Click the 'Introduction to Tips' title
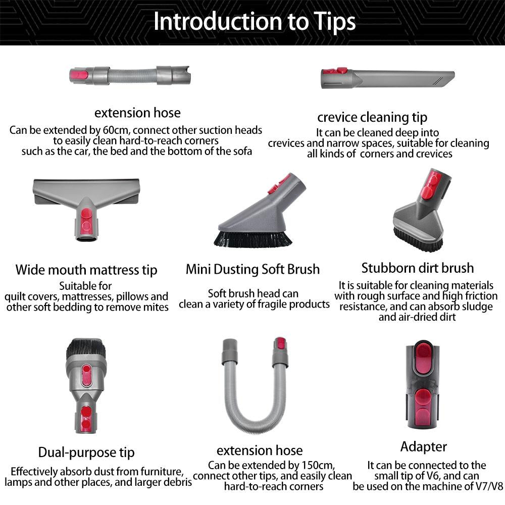click(254, 22)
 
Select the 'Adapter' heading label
click(424, 446)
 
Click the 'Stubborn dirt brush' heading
click(418, 268)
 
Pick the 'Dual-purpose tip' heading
click(86, 452)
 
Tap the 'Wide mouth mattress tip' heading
click(86, 270)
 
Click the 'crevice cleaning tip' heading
click(372, 118)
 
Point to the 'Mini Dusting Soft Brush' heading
click(252, 269)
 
